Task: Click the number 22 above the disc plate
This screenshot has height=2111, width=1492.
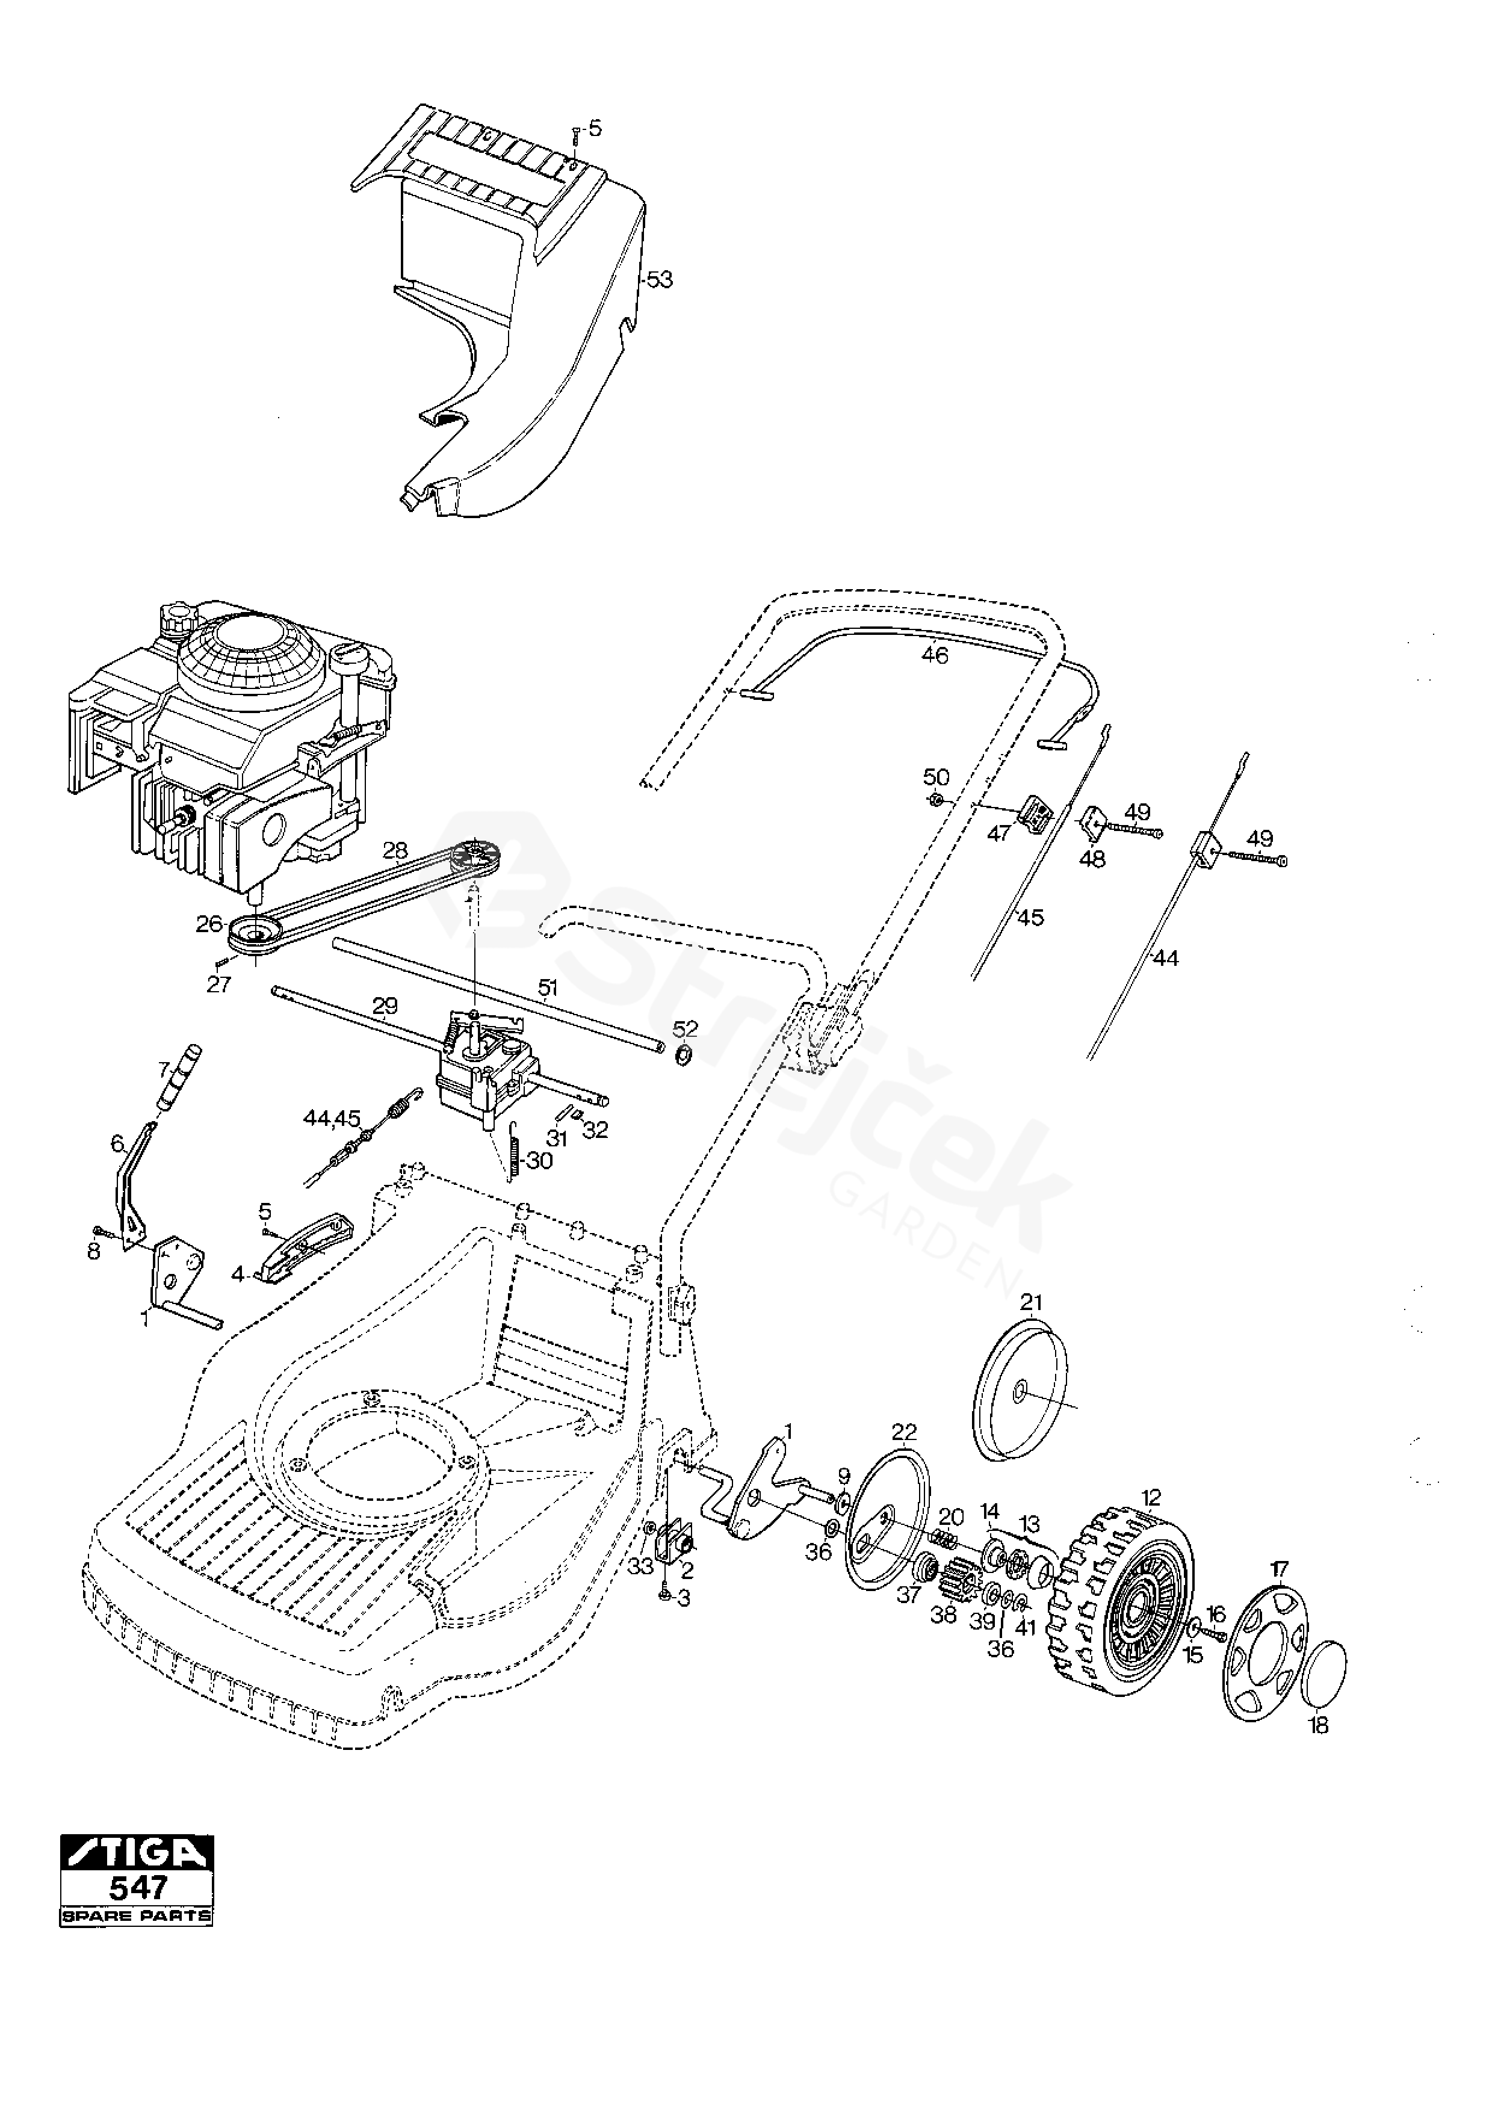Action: [x=905, y=1432]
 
